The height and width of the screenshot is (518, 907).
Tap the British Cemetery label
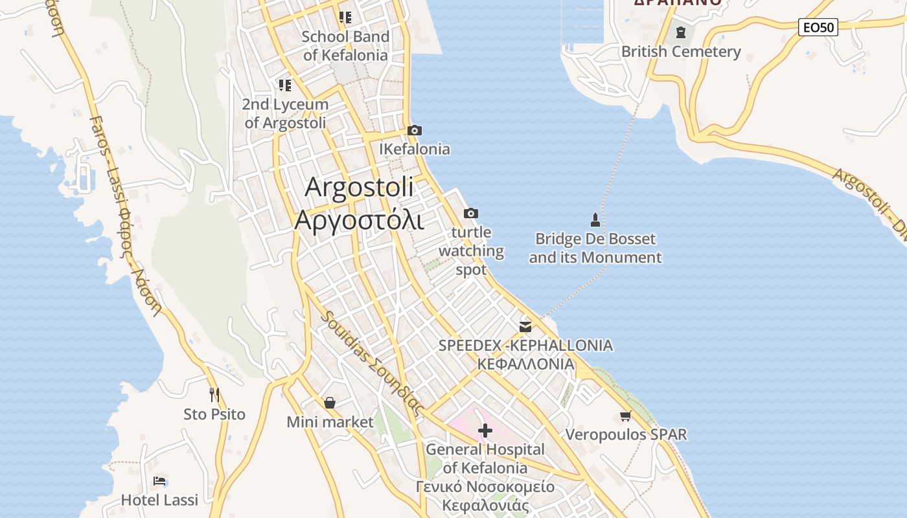681,52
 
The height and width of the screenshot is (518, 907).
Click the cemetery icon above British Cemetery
680,32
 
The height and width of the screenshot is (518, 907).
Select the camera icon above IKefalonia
415,130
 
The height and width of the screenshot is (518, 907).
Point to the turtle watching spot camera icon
471,213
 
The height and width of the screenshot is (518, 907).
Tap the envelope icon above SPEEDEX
525,326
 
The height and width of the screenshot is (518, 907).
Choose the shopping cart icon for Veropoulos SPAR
626,416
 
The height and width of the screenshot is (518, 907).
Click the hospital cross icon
485,430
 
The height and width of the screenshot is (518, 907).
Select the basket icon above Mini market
330,403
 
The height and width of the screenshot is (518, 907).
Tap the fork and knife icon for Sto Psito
214,394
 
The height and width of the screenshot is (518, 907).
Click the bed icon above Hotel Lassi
159,481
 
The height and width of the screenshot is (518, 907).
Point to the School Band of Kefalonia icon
345,17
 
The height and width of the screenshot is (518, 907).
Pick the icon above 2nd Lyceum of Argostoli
285,85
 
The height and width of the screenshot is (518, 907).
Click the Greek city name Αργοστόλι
360,220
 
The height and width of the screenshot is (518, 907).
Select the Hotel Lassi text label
159,500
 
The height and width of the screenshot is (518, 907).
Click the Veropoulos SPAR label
626,434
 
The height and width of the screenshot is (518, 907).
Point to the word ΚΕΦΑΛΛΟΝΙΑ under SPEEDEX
525,364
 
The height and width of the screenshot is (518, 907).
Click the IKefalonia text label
415,149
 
